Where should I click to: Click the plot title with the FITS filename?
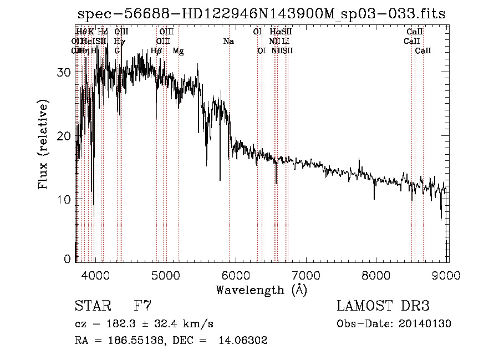[x=261, y=14]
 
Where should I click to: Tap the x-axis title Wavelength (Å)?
[x=261, y=290]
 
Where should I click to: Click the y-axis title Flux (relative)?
[x=43, y=144]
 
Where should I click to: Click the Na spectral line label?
[x=228, y=42]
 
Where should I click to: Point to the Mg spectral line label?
[x=179, y=51]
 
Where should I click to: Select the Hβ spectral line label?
[x=156, y=51]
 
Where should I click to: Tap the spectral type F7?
[x=142, y=306]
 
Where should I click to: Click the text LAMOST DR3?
[x=383, y=306]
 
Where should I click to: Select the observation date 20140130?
[x=427, y=324]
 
